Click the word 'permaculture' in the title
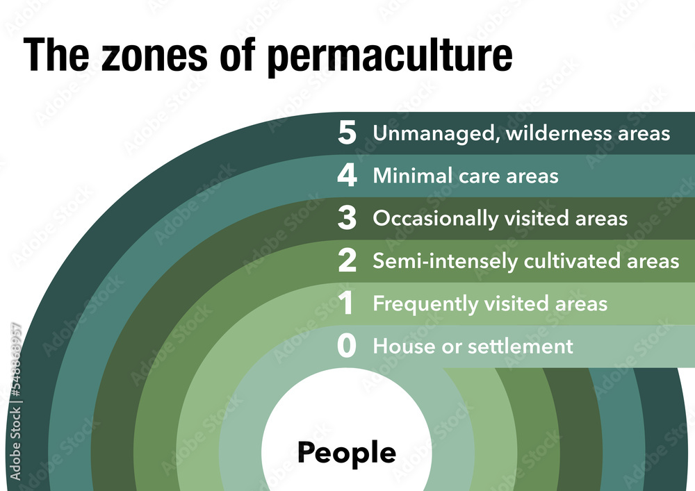pos(390,56)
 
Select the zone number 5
pos(347,133)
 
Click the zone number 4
pos(347,176)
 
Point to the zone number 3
pos(347,219)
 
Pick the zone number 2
pos(347,261)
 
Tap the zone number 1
pos(347,304)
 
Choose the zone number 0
pos(347,347)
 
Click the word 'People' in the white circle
pos(347,453)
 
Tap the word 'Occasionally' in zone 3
pos(435,219)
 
